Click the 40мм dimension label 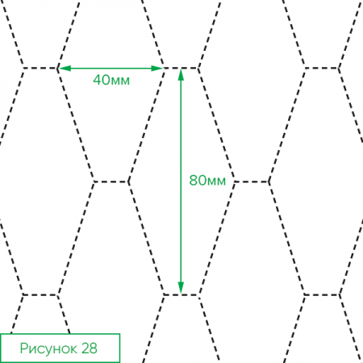pos(111,80)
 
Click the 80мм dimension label pos(207,180)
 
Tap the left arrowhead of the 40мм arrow pos(65,69)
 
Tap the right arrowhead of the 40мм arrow pos(157,69)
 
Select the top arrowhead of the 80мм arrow pos(181,75)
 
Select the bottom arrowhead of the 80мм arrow pos(181,288)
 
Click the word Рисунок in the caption pos(48,348)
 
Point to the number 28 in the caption pos(89,348)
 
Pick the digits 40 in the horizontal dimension pos(102,80)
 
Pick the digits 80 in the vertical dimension pos(198,180)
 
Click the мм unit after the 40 pos(120,81)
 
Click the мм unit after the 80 pos(216,181)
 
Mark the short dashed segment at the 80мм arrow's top pos(181,69)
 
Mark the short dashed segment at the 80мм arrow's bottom pos(181,295)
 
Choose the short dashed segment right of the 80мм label pos(252,181)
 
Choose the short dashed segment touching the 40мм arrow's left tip pos(40,69)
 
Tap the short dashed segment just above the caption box pos(40,295)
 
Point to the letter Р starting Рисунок pos(23,348)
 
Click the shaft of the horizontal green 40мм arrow pos(111,69)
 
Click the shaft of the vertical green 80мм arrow pos(181,181)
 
